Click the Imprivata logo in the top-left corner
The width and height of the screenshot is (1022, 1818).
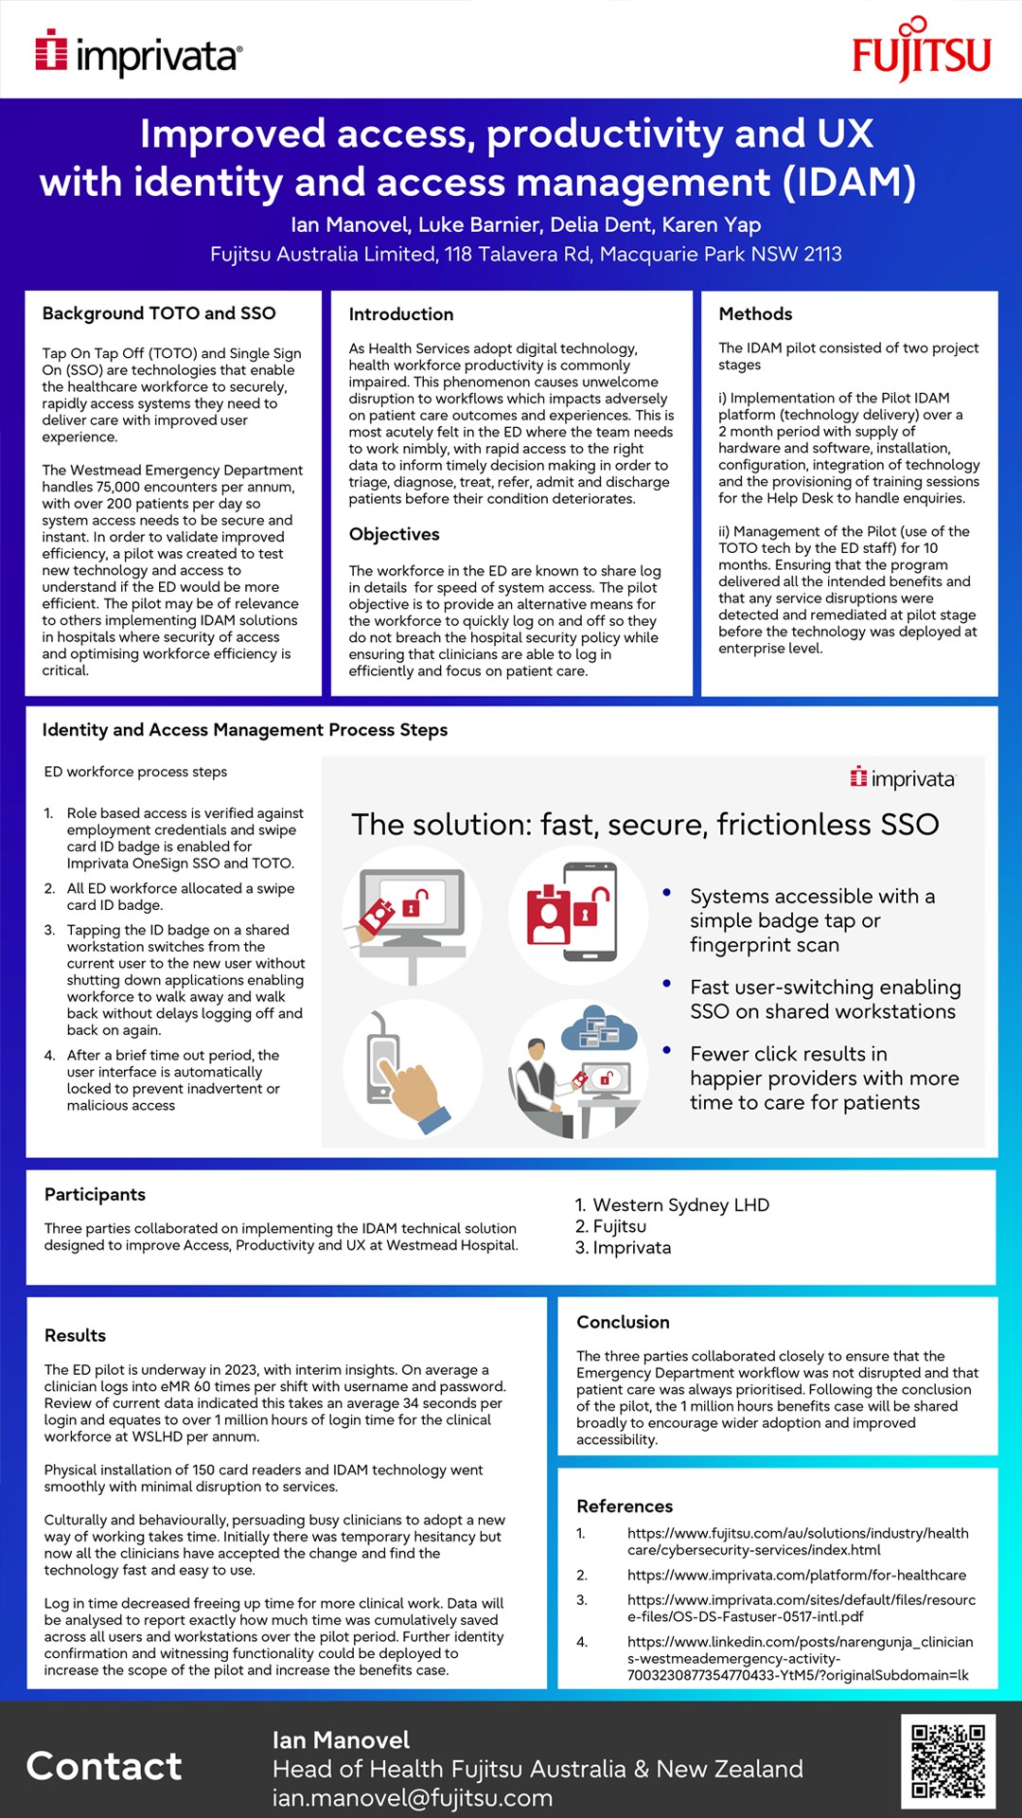[x=139, y=53]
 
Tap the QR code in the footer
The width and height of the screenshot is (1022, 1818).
[x=947, y=1761]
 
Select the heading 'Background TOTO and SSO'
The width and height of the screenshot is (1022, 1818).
[x=159, y=313]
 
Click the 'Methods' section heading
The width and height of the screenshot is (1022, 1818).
[x=755, y=314]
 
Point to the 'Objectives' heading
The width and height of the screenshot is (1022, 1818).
[x=394, y=534]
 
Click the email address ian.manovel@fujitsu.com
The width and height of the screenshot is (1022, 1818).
[x=413, y=1797]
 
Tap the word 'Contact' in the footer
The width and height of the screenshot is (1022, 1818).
[x=104, y=1766]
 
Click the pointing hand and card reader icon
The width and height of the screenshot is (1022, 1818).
[x=412, y=1068]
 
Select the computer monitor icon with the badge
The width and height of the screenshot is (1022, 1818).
[x=412, y=914]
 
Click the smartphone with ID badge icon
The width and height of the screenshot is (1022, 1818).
[x=577, y=914]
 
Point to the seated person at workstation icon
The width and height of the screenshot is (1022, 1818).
[x=577, y=1068]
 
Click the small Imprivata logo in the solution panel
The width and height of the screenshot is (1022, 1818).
[x=903, y=778]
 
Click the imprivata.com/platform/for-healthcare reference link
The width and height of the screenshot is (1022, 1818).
[x=797, y=1575]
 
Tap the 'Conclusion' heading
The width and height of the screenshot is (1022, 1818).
[x=623, y=1322]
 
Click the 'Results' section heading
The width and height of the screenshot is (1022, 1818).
[x=75, y=1335]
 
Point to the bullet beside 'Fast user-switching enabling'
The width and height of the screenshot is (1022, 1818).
[x=667, y=985]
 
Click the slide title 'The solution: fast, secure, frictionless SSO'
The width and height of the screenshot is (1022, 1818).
[x=644, y=824]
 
